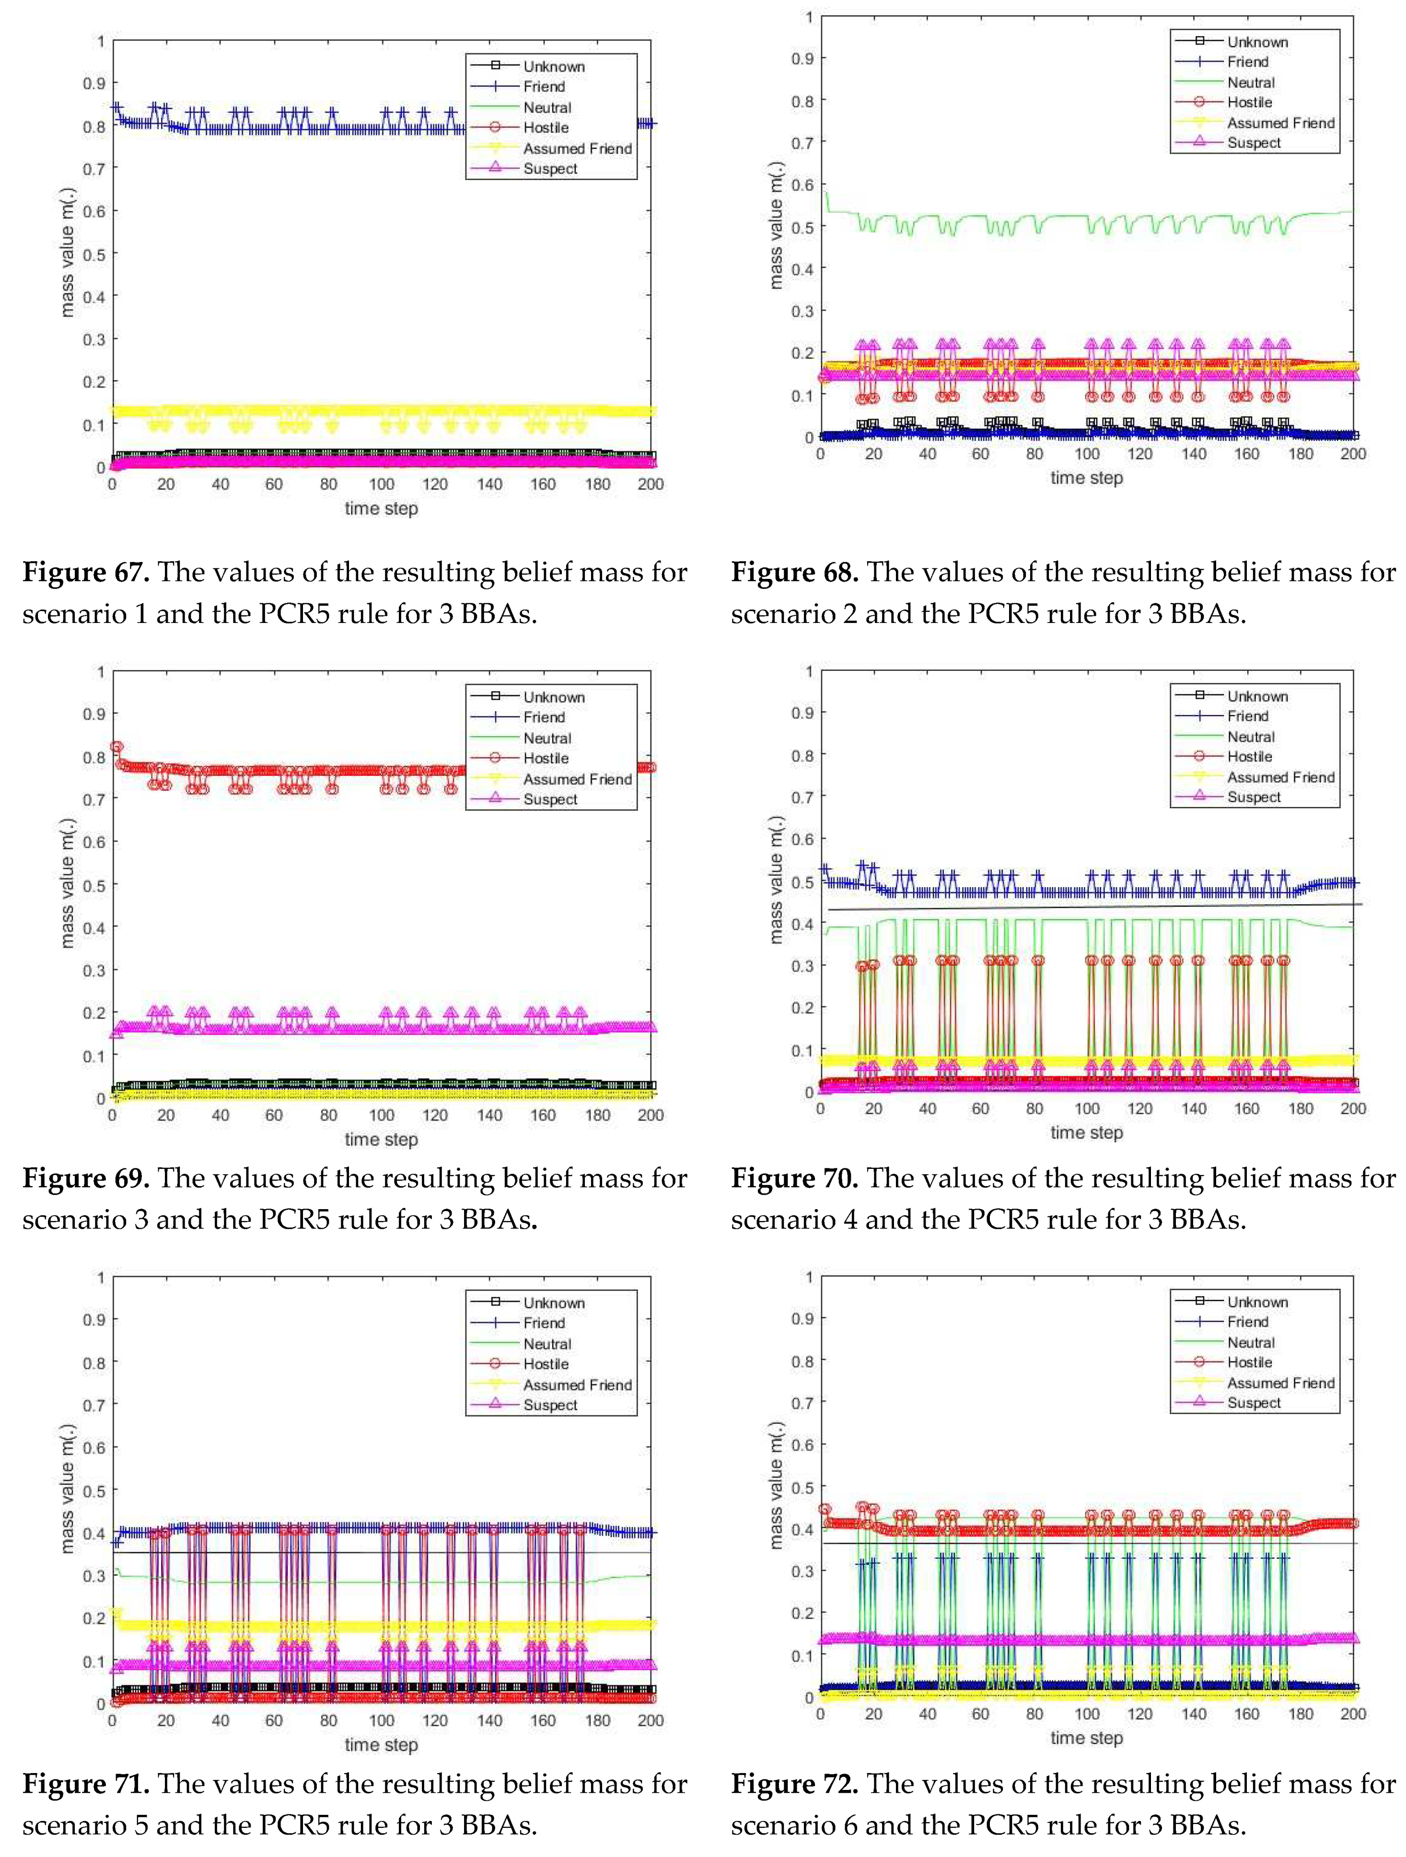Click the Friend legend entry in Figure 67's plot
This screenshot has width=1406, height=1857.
544,86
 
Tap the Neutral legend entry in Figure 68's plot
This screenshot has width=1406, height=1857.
1251,82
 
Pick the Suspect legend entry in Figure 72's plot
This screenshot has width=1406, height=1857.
1253,1403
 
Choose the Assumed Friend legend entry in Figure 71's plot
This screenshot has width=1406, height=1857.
577,1384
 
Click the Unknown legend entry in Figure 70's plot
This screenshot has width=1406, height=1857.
1256,696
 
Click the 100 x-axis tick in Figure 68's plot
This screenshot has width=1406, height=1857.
1087,454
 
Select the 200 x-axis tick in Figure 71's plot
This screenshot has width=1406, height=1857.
650,1720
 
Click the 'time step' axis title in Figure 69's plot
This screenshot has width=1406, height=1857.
381,1139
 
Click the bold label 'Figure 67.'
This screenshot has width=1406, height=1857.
86,573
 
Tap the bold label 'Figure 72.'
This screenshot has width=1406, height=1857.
794,1784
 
